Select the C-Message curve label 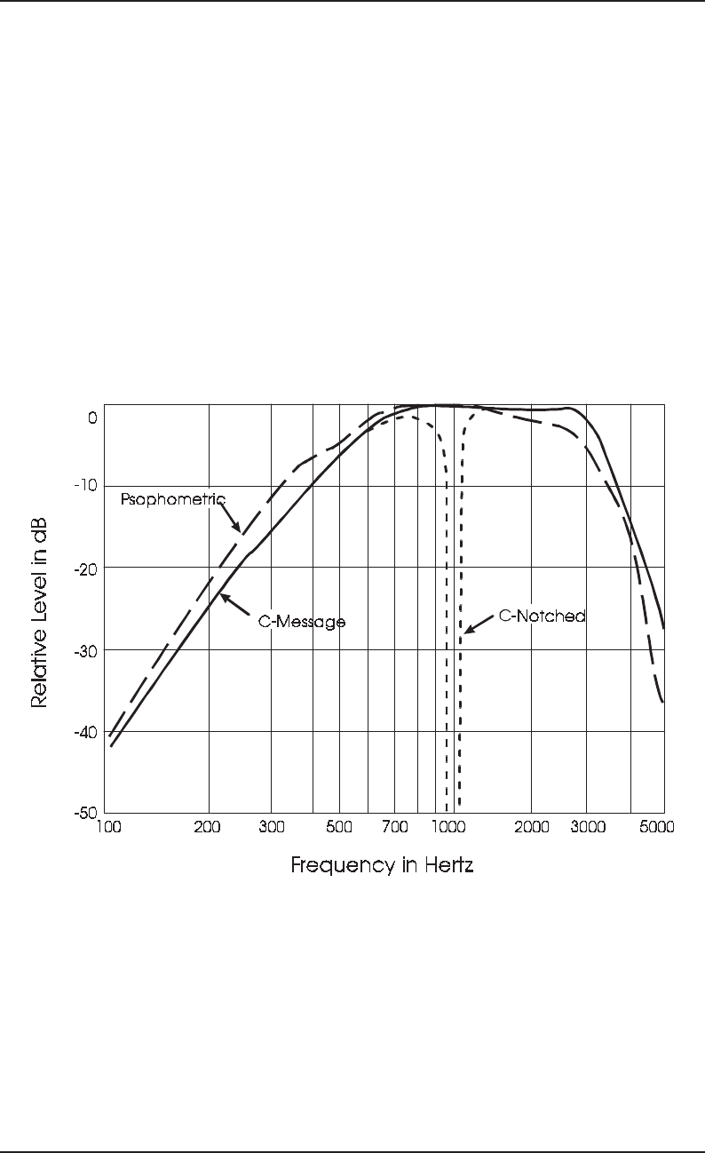tap(301, 622)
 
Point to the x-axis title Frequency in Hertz tap(382, 864)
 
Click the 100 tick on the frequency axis tap(107, 826)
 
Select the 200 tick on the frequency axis tap(208, 826)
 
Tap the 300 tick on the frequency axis tap(271, 826)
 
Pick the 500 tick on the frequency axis tap(339, 826)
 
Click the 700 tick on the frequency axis tap(394, 826)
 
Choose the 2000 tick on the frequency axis tap(531, 826)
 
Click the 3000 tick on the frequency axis tap(587, 826)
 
